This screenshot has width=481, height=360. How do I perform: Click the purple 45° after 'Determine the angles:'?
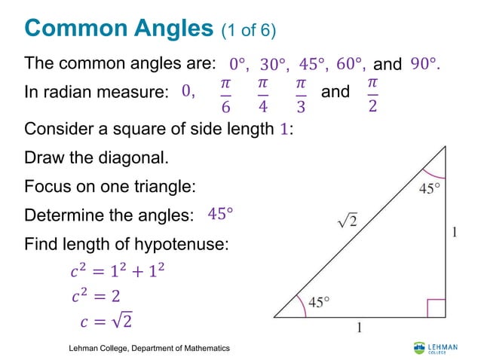(220, 214)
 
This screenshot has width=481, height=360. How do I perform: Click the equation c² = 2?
(94, 297)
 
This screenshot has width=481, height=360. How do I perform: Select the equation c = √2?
(106, 322)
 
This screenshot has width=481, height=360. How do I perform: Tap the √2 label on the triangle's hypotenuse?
(347, 221)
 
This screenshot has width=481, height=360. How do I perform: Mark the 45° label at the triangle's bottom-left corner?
(318, 303)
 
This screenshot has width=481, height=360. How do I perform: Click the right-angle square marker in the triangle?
(437, 309)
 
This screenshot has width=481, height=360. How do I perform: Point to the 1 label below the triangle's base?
(358, 328)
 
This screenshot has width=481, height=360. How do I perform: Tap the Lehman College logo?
(434, 347)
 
